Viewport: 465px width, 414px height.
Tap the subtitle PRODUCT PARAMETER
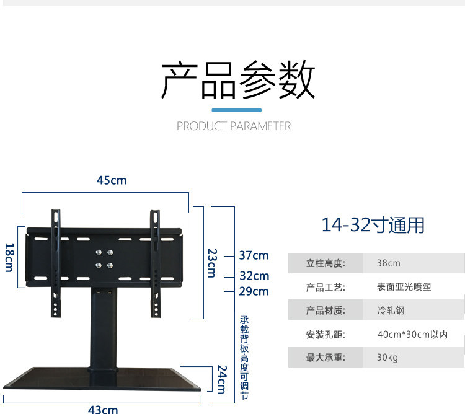[234, 126]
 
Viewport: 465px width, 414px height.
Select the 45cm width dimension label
[112, 180]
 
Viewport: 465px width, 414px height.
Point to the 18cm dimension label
[9, 257]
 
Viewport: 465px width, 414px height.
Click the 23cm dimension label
[211, 263]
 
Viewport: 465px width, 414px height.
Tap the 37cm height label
[254, 255]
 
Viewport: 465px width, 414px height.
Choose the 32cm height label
[254, 276]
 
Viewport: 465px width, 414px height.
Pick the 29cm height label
[254, 291]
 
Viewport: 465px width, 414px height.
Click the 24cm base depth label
[221, 379]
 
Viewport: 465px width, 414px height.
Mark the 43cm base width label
[103, 409]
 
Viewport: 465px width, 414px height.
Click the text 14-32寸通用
[373, 224]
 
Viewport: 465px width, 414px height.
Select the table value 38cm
[389, 263]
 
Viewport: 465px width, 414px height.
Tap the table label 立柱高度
[325, 263]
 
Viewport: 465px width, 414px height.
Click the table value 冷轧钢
[391, 310]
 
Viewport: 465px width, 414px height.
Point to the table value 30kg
[387, 358]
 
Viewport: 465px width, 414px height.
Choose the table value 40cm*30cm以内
[412, 335]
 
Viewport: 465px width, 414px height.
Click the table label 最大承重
[325, 358]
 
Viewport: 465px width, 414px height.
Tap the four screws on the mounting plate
[104, 258]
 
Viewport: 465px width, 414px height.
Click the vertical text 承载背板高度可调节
[244, 358]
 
